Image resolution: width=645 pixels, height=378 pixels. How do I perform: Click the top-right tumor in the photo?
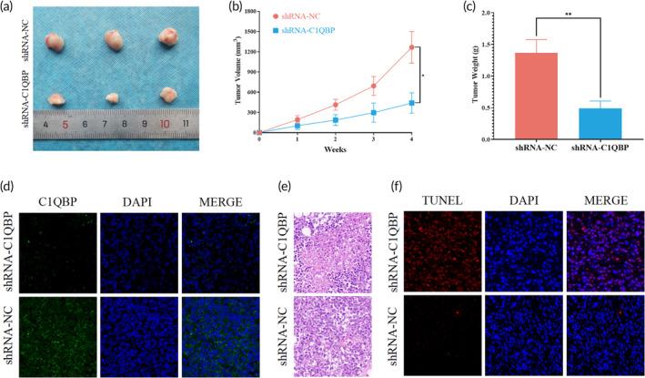pyautogui.click(x=166, y=36)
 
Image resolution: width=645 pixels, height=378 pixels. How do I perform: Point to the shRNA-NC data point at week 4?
pyautogui.click(x=412, y=47)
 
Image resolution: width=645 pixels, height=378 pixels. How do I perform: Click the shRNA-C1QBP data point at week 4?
pyautogui.click(x=412, y=103)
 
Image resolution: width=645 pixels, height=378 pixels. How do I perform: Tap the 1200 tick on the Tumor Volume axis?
pyautogui.click(x=247, y=46)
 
